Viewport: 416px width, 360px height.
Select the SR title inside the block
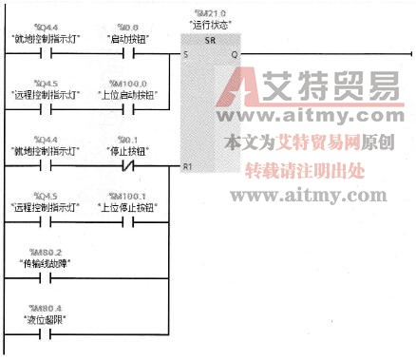click(x=210, y=43)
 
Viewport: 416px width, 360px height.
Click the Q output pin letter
click(x=234, y=54)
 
